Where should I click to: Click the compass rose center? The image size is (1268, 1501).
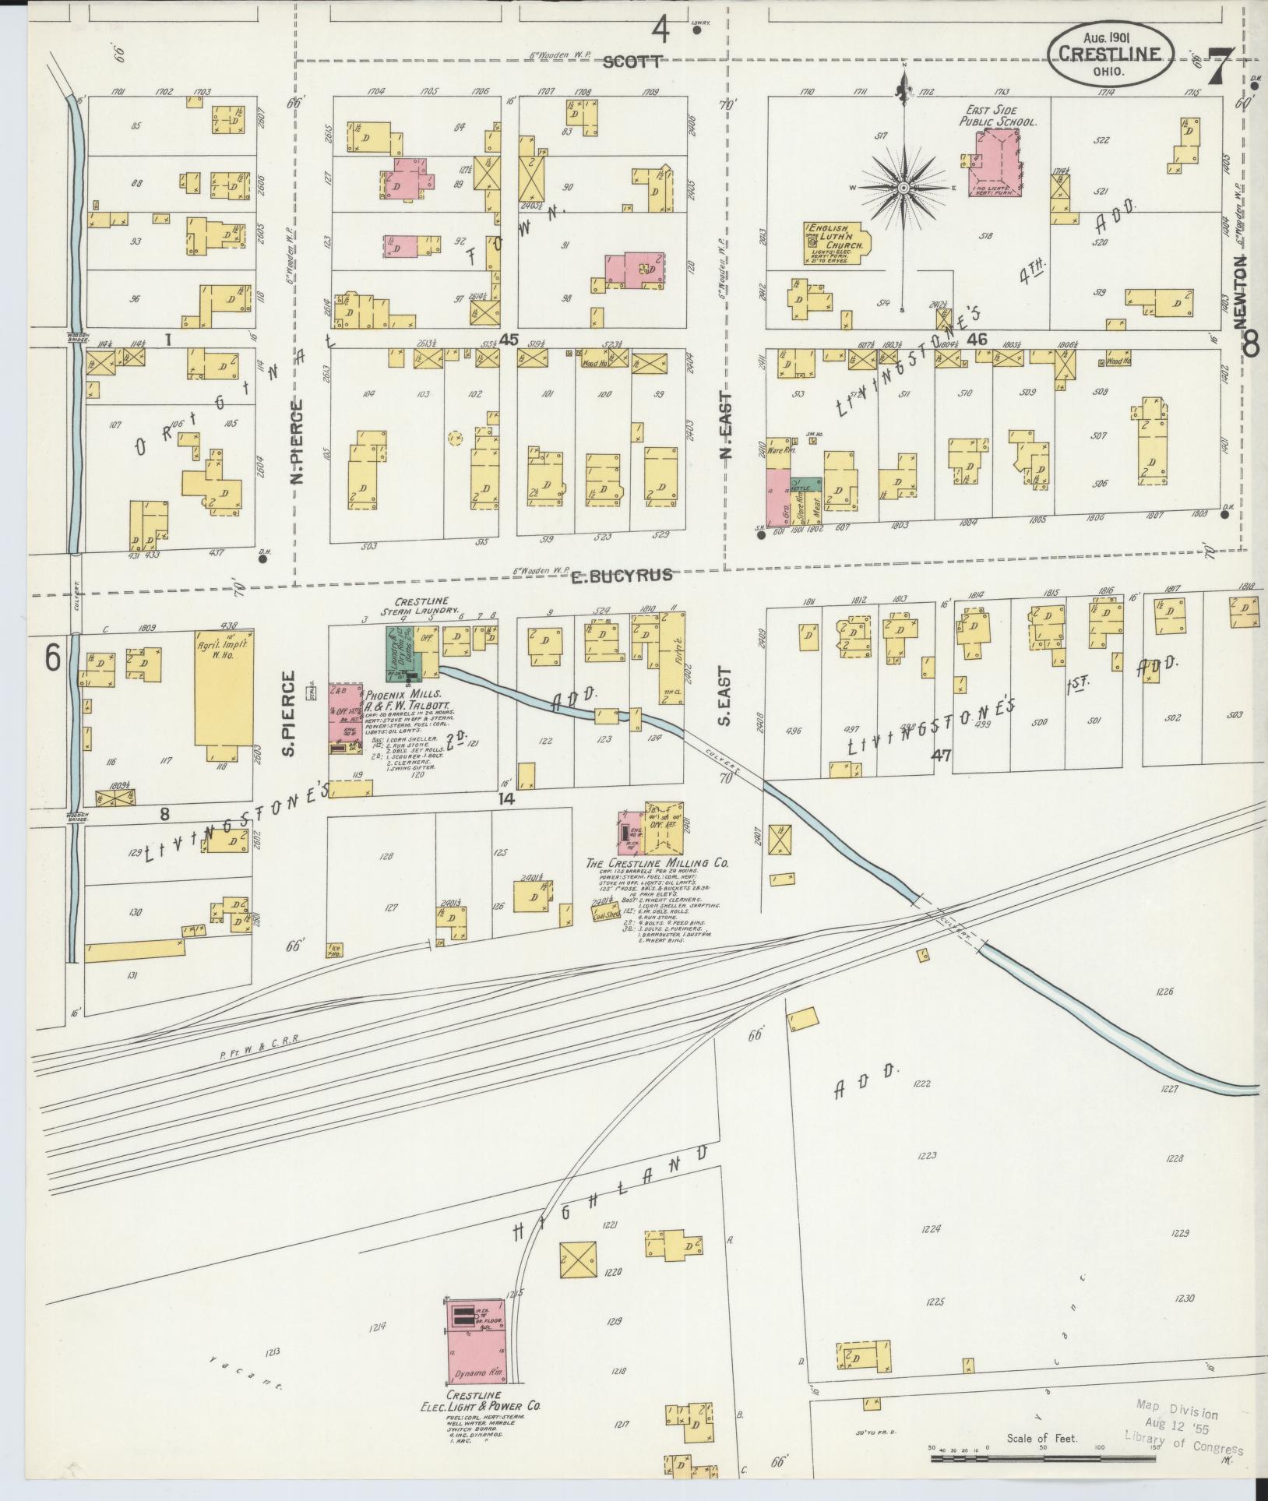coord(903,188)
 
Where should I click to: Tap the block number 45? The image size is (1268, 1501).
coord(509,339)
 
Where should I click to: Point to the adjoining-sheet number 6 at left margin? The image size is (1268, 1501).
coord(51,658)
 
